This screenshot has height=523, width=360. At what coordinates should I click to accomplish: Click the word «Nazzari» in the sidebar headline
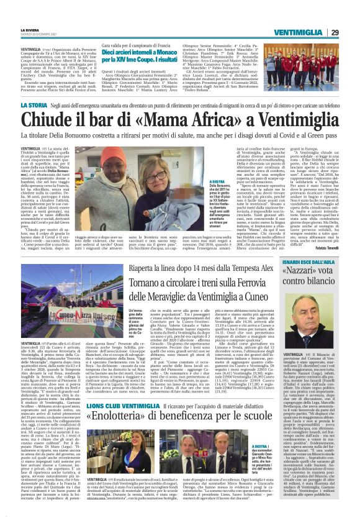click(306, 276)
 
